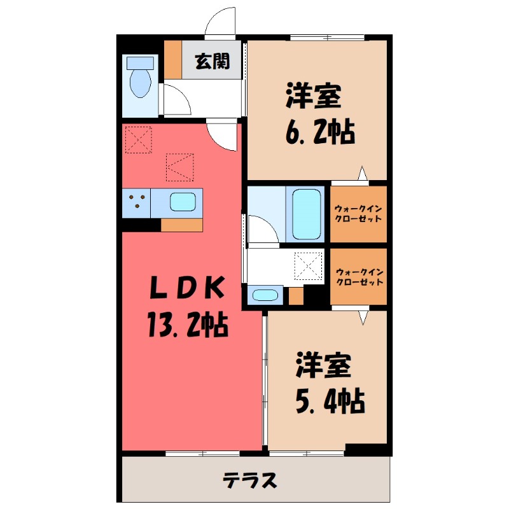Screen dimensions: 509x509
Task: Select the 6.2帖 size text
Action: (317, 132)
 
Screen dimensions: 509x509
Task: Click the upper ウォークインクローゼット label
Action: (358, 213)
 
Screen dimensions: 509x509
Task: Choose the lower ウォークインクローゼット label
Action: (358, 275)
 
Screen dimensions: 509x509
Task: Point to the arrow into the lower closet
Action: (363, 316)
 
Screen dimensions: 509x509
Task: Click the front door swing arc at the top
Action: (220, 25)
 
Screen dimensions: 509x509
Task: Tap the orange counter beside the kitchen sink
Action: (181, 225)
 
